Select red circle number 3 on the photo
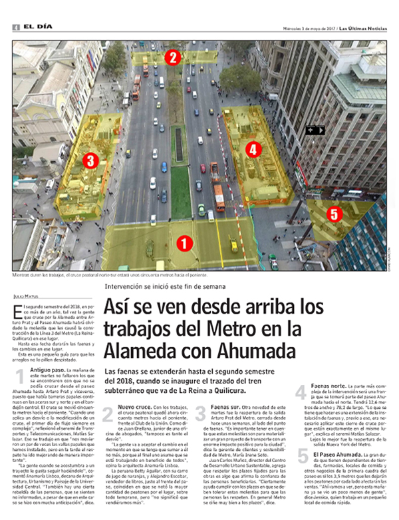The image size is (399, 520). [91, 160]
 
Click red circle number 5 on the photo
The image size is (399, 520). [334, 214]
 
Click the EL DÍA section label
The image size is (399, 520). [32, 26]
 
